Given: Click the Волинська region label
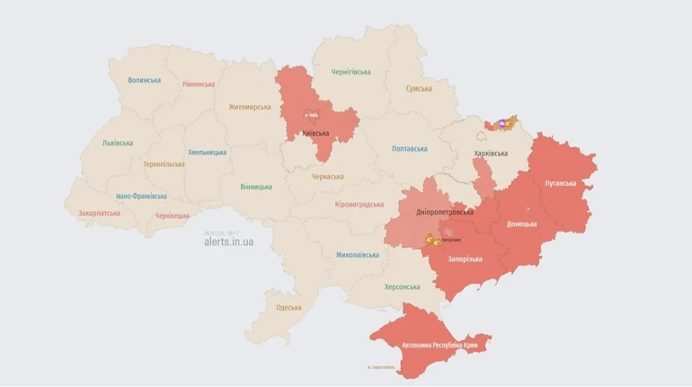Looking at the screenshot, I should [145, 80].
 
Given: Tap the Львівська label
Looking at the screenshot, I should [118, 143].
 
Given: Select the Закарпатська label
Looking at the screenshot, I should [99, 214].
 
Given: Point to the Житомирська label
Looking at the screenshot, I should [249, 107].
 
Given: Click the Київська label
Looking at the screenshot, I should [315, 133].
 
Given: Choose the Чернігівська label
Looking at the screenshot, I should [350, 71].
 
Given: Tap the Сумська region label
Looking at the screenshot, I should [419, 89].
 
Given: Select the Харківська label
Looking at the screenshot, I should [491, 154].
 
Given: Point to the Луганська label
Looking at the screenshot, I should [560, 183].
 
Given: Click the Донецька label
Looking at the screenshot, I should [521, 224].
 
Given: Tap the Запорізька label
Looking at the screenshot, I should [466, 259].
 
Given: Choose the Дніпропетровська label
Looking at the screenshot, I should [444, 212].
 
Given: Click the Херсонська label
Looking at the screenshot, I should [403, 286].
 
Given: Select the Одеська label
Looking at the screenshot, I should [288, 307].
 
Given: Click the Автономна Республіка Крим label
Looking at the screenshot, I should [439, 345].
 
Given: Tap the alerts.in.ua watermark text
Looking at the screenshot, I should [228, 242].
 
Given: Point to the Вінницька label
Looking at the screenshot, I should [256, 187].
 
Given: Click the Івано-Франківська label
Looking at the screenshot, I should [141, 196].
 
